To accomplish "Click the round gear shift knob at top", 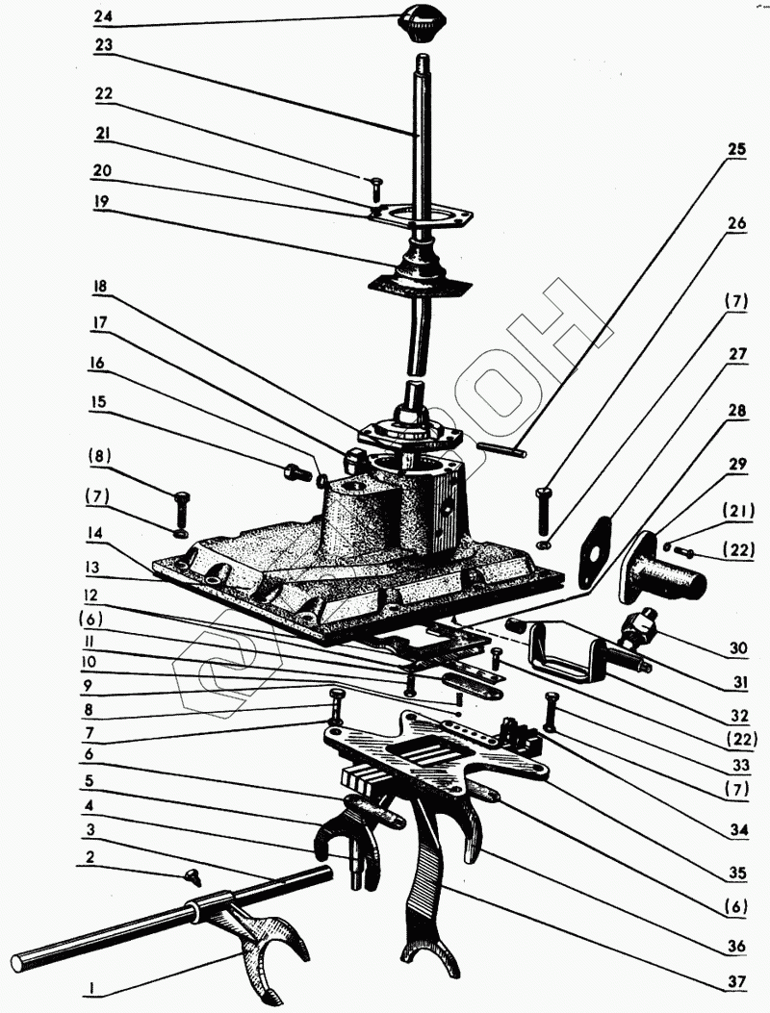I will [422, 22].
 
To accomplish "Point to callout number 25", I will [736, 151].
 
